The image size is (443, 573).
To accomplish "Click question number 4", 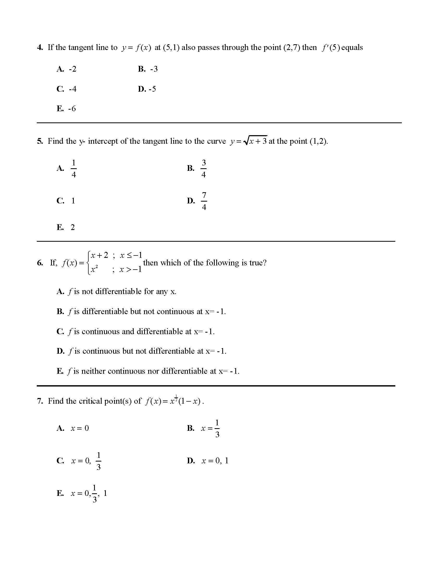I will [40, 47].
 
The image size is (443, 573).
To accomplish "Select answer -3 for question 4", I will [154, 69].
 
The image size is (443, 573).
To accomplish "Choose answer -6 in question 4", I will [72, 109].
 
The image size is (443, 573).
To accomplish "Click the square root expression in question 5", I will [255, 141].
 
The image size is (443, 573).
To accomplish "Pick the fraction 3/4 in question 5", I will [204, 168].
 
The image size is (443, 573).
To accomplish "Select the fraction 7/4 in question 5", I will [204, 201].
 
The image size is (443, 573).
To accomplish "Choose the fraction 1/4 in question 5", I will [74, 168].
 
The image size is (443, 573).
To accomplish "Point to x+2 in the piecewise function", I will [99, 255].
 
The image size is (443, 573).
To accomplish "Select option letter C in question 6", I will [60, 331].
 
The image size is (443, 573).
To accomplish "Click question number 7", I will [40, 401].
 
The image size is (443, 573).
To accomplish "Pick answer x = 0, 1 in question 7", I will [215, 461].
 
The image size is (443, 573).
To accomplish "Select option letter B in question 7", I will [190, 428].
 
